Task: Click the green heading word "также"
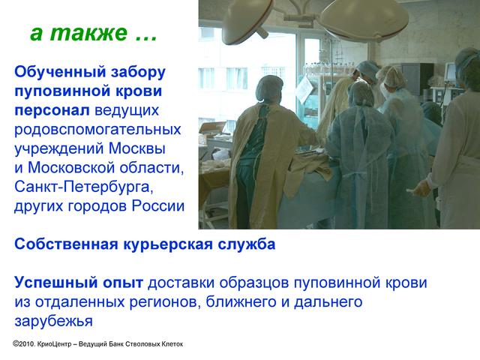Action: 88,33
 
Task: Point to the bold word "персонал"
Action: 52,110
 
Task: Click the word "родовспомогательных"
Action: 97,130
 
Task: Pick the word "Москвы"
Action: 137,148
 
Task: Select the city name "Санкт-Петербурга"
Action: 83,187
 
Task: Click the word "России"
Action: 158,206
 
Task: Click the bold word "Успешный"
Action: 56,283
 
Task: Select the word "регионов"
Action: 165,302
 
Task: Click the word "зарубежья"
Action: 53,322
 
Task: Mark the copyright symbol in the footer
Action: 16,343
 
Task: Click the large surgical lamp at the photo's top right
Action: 364,18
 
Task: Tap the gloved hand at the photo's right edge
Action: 421,187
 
